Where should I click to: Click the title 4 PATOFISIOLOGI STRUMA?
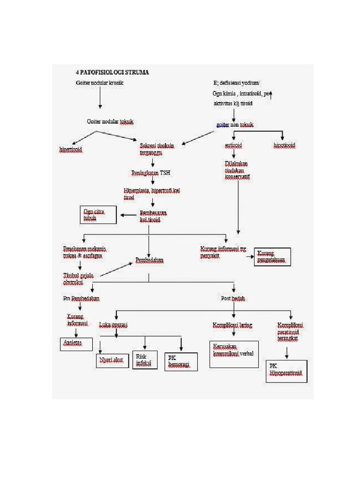(112, 73)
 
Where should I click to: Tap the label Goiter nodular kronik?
(100, 83)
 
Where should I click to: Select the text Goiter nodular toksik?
(110, 121)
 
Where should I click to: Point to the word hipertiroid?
(71, 149)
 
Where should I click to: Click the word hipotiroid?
(285, 146)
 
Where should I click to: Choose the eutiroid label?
(233, 146)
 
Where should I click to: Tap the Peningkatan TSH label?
(150, 173)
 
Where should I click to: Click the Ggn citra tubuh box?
(98, 215)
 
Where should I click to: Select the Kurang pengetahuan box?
(272, 257)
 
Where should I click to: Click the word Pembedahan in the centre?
(150, 260)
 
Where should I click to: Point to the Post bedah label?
(233, 298)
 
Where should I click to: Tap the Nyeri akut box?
(113, 360)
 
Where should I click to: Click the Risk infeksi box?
(145, 360)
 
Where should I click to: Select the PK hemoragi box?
(181, 361)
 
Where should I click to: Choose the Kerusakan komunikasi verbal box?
(233, 353)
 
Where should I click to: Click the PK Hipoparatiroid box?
(286, 371)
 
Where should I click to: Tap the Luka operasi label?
(113, 324)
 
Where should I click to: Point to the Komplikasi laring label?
(232, 324)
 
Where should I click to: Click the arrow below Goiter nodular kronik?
(100, 98)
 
